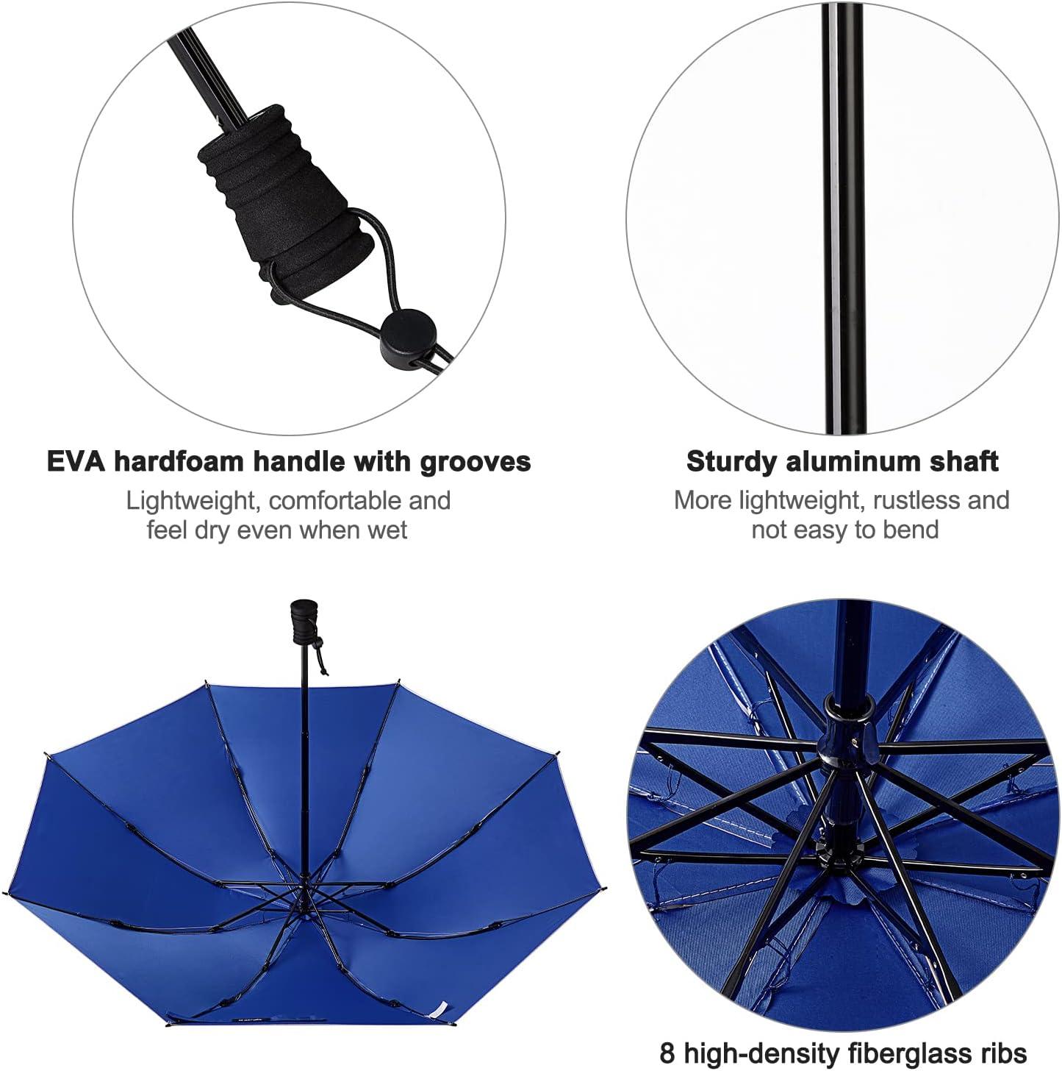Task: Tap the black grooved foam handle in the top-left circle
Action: click(x=283, y=200)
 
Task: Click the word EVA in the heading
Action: click(x=76, y=462)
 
